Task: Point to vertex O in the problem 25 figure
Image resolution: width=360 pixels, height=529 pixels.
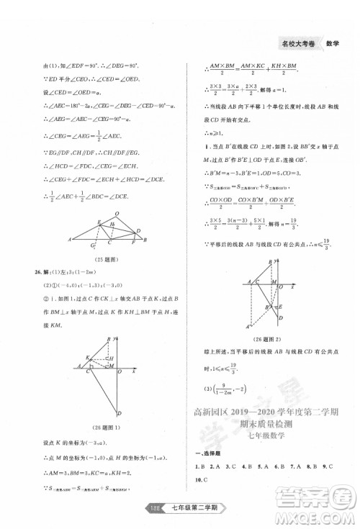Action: point(117,213)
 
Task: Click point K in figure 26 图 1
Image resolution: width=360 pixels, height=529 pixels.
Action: point(87,357)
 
